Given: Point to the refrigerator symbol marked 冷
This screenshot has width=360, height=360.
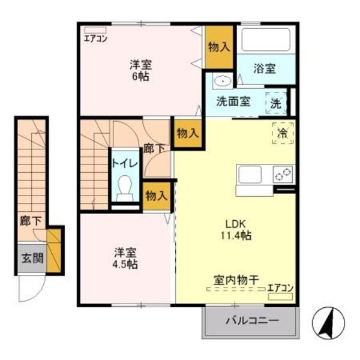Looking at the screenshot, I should (x=281, y=131).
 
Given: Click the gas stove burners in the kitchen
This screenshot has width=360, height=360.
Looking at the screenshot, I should (x=283, y=175).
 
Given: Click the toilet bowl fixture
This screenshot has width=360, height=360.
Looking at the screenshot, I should (x=125, y=188).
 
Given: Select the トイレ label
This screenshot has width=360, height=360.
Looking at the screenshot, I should (x=125, y=163).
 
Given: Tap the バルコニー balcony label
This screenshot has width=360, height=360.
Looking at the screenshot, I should (x=251, y=321).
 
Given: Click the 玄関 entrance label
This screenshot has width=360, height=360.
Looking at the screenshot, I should (x=31, y=259).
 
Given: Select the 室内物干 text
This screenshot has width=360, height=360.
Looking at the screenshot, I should (x=236, y=280).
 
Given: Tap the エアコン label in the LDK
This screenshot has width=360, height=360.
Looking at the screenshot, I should (x=280, y=287).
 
